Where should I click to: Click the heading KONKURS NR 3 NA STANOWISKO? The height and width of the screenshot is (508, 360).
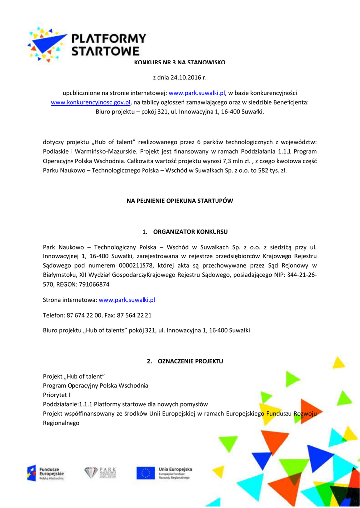pos(180,63)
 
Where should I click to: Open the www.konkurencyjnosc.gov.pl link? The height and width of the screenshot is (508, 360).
pos(90,102)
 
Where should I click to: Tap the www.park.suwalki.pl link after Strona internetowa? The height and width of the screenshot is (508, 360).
pos(127,300)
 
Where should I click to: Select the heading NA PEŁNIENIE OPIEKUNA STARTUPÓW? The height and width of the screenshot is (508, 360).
pos(180,201)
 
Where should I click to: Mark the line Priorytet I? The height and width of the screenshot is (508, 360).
pos(57,395)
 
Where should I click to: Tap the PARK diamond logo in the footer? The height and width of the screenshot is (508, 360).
pos(100,473)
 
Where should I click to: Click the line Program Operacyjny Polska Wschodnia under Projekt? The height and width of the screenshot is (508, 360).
pos(95,385)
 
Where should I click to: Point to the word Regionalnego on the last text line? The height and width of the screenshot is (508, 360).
pos(61,423)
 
